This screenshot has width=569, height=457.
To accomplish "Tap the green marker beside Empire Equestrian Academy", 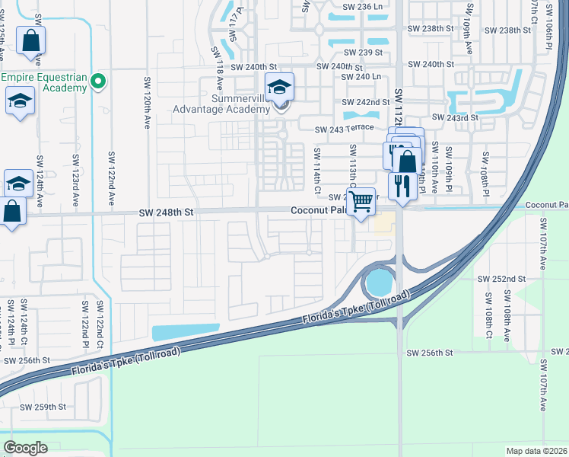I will click(x=97, y=81).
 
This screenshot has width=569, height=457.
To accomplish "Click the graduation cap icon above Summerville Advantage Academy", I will click(x=279, y=88).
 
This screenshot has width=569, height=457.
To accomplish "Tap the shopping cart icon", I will click(x=363, y=202).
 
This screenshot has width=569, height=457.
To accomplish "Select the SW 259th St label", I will click(x=43, y=407).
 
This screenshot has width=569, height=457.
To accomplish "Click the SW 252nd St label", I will click(x=501, y=279).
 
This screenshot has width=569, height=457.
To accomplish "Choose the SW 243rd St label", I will click(x=454, y=117).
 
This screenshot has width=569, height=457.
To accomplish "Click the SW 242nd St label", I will click(x=366, y=101).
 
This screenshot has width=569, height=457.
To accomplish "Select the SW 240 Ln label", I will click(x=361, y=76).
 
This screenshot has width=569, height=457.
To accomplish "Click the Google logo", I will click(x=25, y=447).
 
